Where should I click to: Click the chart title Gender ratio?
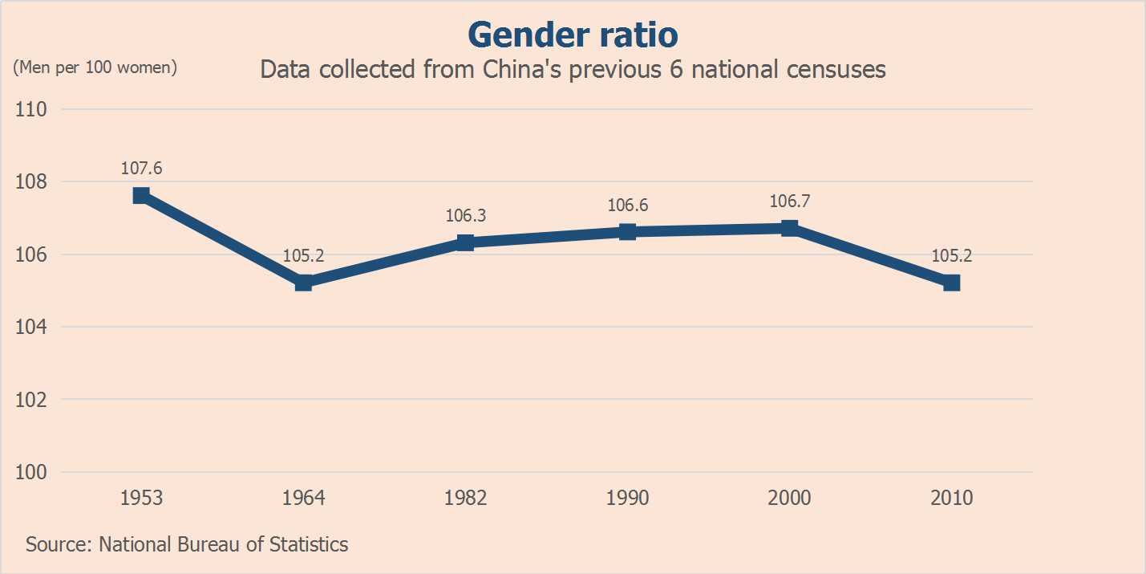point(573,35)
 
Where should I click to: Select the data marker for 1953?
point(141,195)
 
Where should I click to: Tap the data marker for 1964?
point(303,283)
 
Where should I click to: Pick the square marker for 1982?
point(465,242)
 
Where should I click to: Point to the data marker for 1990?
point(627,231)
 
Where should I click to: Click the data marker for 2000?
point(789,228)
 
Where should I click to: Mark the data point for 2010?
point(951,283)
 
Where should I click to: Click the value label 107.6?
point(141,169)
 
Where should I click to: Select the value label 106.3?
point(465,216)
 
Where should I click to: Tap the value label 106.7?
point(789,202)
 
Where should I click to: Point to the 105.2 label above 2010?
point(951,256)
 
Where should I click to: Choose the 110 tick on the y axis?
point(30,109)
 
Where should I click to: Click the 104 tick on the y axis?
point(30,327)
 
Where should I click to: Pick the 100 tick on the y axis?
point(30,472)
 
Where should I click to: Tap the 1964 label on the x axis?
point(303,498)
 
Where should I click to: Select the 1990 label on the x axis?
point(627,498)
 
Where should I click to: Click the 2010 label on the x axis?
point(951,498)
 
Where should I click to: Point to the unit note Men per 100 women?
point(95,67)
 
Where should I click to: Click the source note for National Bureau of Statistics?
point(187,544)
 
